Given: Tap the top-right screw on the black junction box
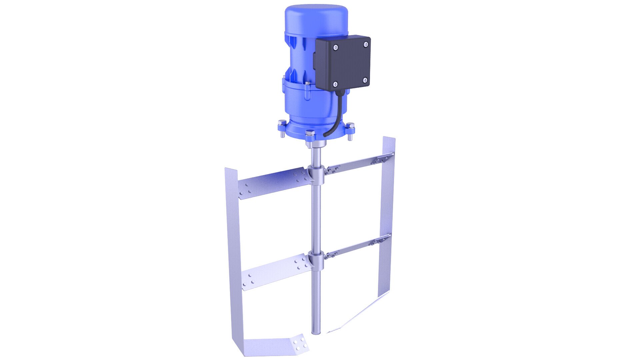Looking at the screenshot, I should pos(366,44).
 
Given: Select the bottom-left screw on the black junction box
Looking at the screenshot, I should pos(335,84).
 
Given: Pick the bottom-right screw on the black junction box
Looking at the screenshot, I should pos(365,80).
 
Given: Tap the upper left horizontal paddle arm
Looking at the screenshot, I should pos(272,185).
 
